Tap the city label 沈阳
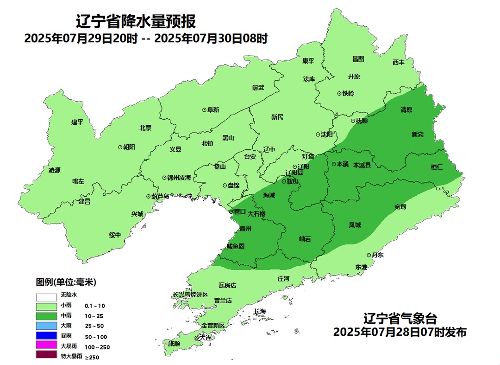[x=327, y=134]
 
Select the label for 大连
[x=205, y=338]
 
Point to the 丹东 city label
[x=378, y=255]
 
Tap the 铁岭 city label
[x=348, y=93]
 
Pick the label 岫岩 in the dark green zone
[x=305, y=238]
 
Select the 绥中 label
[x=115, y=235]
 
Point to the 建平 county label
[x=77, y=122]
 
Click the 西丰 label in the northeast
[x=398, y=62]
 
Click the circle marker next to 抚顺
[x=352, y=121]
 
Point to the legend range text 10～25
[x=94, y=316]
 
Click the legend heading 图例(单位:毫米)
[x=66, y=282]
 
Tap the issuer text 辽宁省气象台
[x=400, y=319]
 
